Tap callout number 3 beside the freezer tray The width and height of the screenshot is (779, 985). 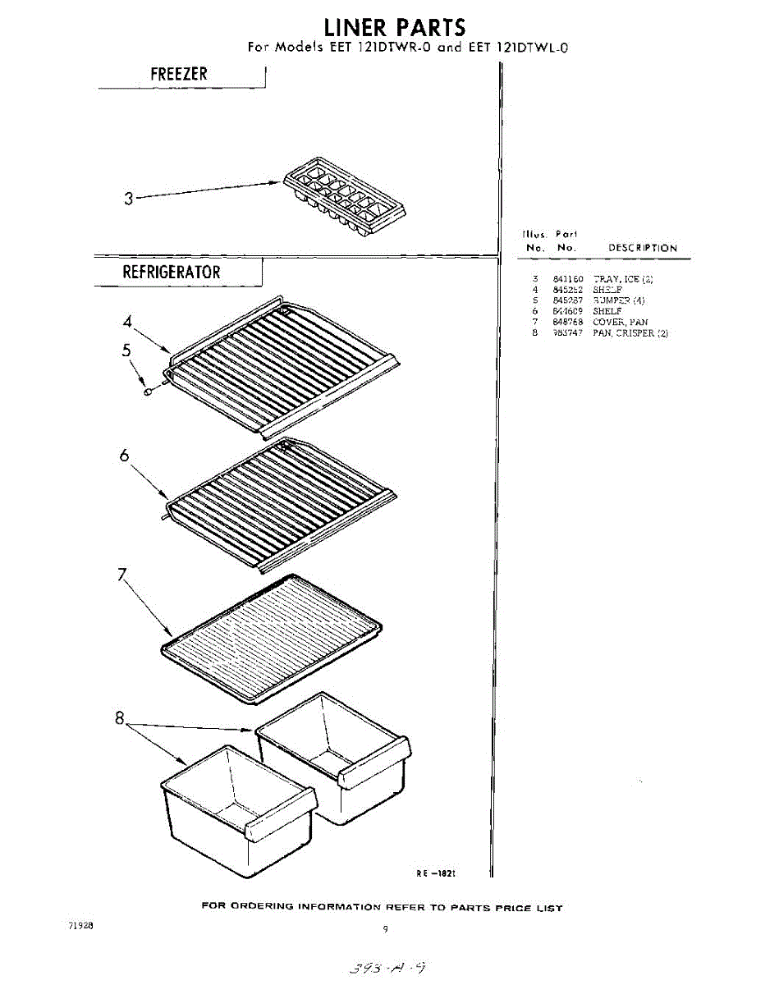(x=128, y=199)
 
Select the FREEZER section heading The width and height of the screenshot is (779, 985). (x=179, y=74)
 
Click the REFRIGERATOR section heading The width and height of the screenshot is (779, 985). (x=172, y=272)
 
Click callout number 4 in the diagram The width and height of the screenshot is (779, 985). (x=128, y=322)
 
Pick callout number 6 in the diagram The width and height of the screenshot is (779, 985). (x=125, y=457)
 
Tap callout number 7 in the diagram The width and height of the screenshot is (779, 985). (x=122, y=576)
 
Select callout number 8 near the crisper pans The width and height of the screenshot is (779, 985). (x=121, y=720)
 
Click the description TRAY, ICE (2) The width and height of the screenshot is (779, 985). (x=623, y=280)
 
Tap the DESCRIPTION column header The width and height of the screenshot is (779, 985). (x=642, y=248)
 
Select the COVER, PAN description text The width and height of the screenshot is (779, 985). (x=620, y=323)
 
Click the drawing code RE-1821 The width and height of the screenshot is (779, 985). (x=436, y=874)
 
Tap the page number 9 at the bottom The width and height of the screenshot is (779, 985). (x=385, y=929)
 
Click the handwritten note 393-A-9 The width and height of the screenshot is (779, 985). (x=387, y=969)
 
